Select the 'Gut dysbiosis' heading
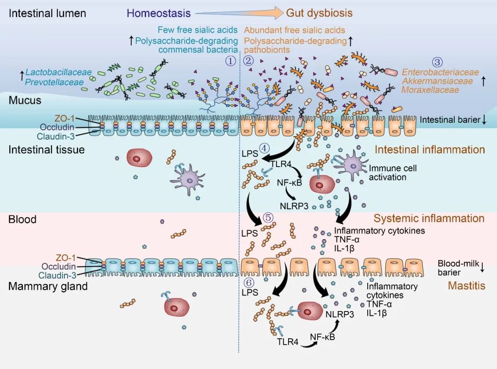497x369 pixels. pyautogui.click(x=319, y=13)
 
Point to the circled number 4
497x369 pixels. pyautogui.click(x=264, y=148)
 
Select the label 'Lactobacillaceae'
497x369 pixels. pyautogui.click(x=58, y=72)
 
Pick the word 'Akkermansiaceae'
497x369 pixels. pyautogui.click(x=437, y=81)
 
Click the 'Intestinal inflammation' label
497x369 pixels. pyautogui.click(x=429, y=150)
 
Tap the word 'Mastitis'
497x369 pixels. pyautogui.click(x=466, y=286)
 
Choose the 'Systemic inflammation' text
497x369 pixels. pyautogui.click(x=429, y=219)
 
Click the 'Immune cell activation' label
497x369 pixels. pyautogui.click(x=393, y=172)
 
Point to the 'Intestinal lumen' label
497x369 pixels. pyautogui.click(x=47, y=13)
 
